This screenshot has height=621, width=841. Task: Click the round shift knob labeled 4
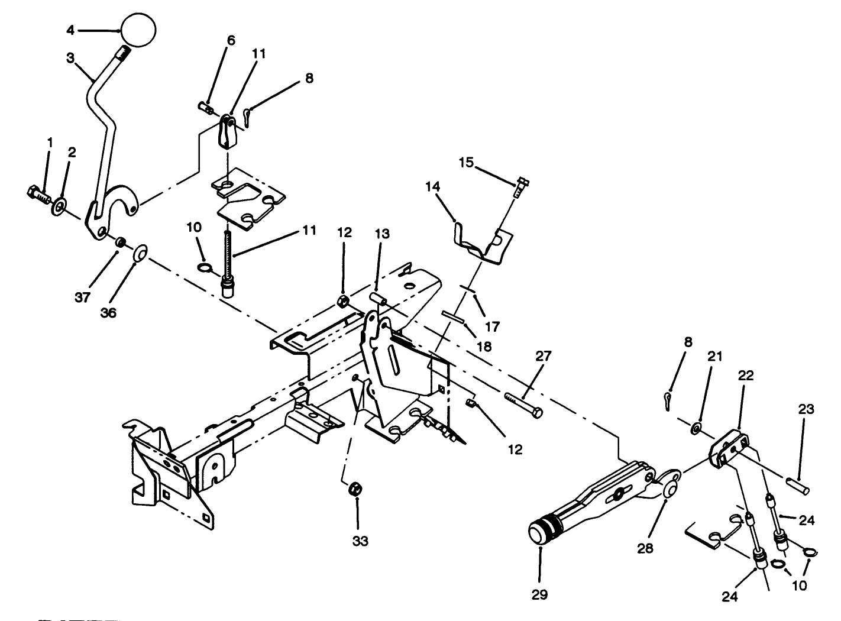pos(138,28)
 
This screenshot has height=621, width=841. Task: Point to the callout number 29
pos(540,594)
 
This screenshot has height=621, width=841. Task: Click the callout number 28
pos(645,548)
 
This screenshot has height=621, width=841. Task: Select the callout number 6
pos(231,40)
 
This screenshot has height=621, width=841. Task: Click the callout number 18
pos(484,347)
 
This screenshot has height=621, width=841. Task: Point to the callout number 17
pos(492,326)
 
